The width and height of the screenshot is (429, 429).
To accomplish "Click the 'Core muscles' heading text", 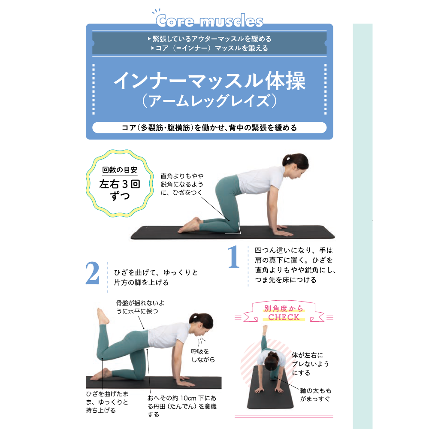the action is [x=209, y=21].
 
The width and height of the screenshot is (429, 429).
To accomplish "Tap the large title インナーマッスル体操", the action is [x=209, y=81].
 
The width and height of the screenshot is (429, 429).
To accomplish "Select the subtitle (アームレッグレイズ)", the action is [x=209, y=101].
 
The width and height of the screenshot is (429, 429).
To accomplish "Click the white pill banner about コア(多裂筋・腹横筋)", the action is [x=209, y=128].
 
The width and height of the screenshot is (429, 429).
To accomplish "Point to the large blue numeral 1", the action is [x=233, y=257].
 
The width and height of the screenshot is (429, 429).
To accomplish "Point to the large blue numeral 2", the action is [x=93, y=273].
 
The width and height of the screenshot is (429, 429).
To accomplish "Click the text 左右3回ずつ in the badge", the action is [x=120, y=190].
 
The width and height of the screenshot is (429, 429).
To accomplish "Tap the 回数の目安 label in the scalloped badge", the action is [x=120, y=170].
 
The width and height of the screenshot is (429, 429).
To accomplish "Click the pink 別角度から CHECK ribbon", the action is [x=284, y=313].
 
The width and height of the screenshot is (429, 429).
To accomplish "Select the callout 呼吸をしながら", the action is [x=203, y=355].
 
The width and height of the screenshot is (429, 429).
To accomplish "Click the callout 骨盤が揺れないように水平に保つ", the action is [x=140, y=307].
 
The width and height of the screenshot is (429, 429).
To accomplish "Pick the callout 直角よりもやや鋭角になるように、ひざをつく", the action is [x=182, y=184].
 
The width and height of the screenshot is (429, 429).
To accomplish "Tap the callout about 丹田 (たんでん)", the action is [x=182, y=406].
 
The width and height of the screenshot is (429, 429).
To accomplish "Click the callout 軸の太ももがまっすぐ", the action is [x=315, y=395].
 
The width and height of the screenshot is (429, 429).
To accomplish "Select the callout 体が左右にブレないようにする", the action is [x=310, y=364].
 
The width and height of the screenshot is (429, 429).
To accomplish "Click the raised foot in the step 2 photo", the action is [x=103, y=316].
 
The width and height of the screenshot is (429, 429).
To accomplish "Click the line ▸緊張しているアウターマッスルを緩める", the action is [x=209, y=39].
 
